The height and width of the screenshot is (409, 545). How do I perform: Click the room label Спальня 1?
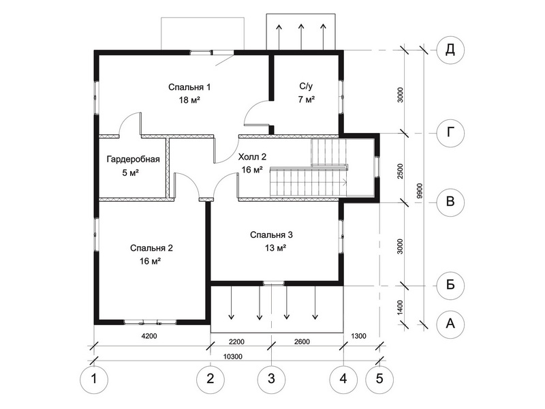[190, 87]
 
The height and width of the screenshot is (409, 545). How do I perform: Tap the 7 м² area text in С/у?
[306, 100]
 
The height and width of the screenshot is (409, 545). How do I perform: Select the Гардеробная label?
[133, 160]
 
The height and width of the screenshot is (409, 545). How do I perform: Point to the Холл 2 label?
[252, 157]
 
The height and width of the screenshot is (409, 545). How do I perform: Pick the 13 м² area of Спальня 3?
[272, 248]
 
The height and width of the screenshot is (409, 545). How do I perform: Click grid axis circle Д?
[450, 50]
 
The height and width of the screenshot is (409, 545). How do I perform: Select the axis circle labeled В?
[450, 202]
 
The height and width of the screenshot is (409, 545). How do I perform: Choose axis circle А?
[450, 323]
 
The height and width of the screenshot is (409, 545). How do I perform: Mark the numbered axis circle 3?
[271, 377]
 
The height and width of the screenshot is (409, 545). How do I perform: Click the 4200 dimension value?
[149, 337]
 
